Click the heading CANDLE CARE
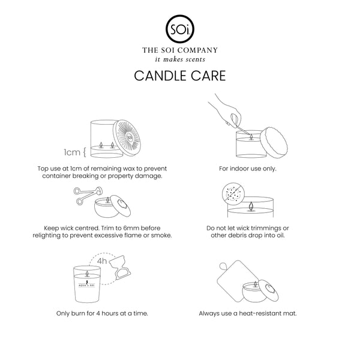pyautogui.click(x=179, y=76)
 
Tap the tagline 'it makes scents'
pyautogui.click(x=179, y=59)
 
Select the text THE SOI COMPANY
pyautogui.click(x=179, y=50)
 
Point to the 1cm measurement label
pyautogui.click(x=73, y=151)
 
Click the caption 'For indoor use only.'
pyautogui.click(x=247, y=168)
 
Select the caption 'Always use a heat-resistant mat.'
pyautogui.click(x=247, y=313)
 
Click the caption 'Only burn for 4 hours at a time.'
pyautogui.click(x=102, y=313)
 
